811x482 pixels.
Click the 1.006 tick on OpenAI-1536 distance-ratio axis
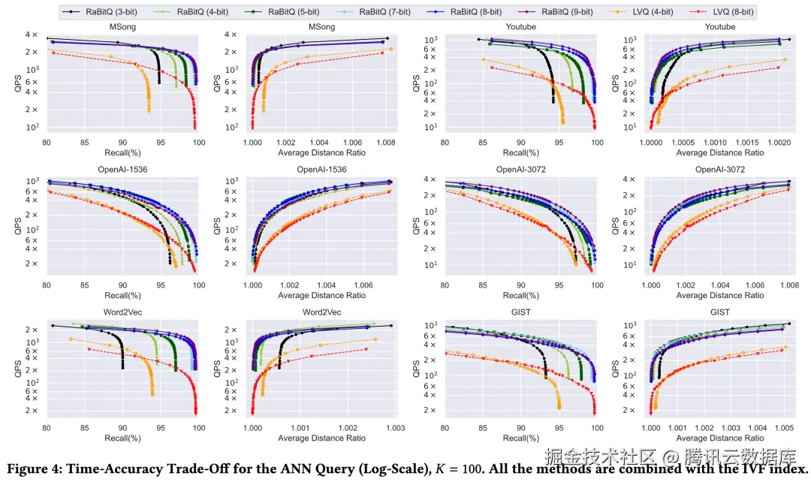click(x=363, y=286)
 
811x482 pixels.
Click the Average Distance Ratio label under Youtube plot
click(x=720, y=152)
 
